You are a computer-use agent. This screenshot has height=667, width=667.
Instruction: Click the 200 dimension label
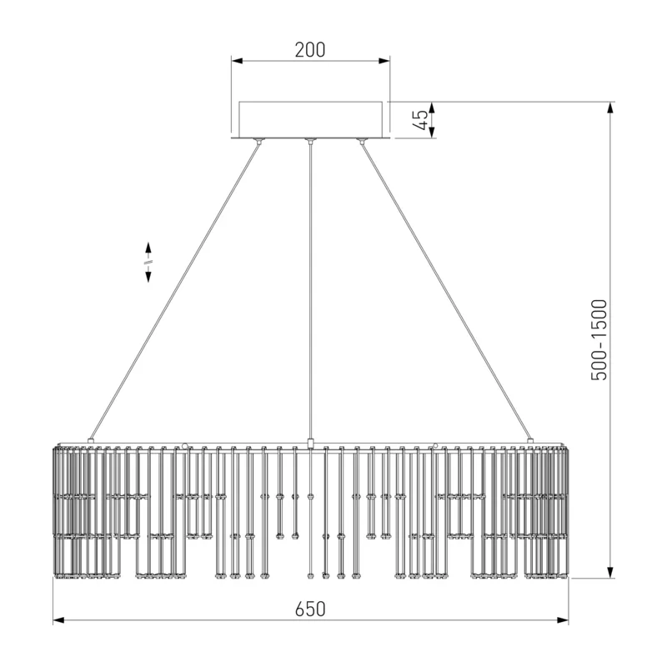point(310,50)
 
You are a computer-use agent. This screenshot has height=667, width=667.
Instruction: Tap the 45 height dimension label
point(420,120)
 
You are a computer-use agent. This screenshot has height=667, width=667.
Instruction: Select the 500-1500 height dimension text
point(599,340)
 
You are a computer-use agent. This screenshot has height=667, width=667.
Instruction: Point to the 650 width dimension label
point(310,609)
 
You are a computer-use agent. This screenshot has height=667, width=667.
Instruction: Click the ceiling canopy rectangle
point(310,119)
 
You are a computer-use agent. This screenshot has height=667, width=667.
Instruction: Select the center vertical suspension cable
point(310,291)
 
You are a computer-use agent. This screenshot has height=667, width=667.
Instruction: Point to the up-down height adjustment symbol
point(148,262)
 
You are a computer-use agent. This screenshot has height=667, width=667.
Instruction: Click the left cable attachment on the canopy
point(258,141)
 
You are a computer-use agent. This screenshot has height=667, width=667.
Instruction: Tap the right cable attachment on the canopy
point(362,141)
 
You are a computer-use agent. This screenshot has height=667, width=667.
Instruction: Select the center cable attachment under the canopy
point(310,141)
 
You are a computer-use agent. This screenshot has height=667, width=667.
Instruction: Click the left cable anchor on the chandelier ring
point(91,441)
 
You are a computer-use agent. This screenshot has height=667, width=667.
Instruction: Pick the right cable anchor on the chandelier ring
point(530,441)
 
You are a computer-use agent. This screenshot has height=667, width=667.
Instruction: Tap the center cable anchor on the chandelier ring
point(310,444)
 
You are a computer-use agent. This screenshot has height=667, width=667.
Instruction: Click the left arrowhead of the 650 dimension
point(58,620)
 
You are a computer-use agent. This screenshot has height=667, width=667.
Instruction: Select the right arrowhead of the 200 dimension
point(384,61)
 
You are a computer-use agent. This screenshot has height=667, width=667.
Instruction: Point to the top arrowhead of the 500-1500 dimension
point(610,108)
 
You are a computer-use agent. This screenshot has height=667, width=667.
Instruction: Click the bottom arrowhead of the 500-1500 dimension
point(610,572)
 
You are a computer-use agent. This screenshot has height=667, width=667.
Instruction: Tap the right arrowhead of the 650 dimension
point(563,620)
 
